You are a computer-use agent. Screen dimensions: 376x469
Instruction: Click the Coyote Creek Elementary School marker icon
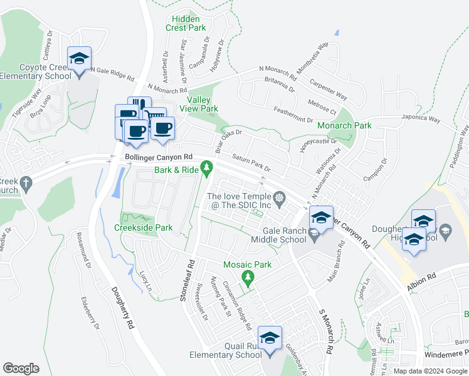(79, 60)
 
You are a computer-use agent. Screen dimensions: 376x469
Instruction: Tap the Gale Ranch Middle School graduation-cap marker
(321, 219)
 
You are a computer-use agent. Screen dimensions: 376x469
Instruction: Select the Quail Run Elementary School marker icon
(270, 339)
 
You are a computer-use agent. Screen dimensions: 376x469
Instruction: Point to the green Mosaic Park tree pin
(249, 277)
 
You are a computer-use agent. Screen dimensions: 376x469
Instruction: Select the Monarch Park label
(345, 125)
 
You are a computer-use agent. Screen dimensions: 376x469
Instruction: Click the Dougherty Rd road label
(122, 308)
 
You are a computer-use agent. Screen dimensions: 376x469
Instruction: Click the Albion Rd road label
(423, 276)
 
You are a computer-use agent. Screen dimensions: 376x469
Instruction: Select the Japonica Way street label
(421, 118)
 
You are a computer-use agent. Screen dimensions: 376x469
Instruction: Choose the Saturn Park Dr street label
(251, 164)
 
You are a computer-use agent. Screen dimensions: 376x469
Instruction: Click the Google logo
(21, 368)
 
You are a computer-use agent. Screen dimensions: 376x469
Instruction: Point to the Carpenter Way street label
(327, 89)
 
